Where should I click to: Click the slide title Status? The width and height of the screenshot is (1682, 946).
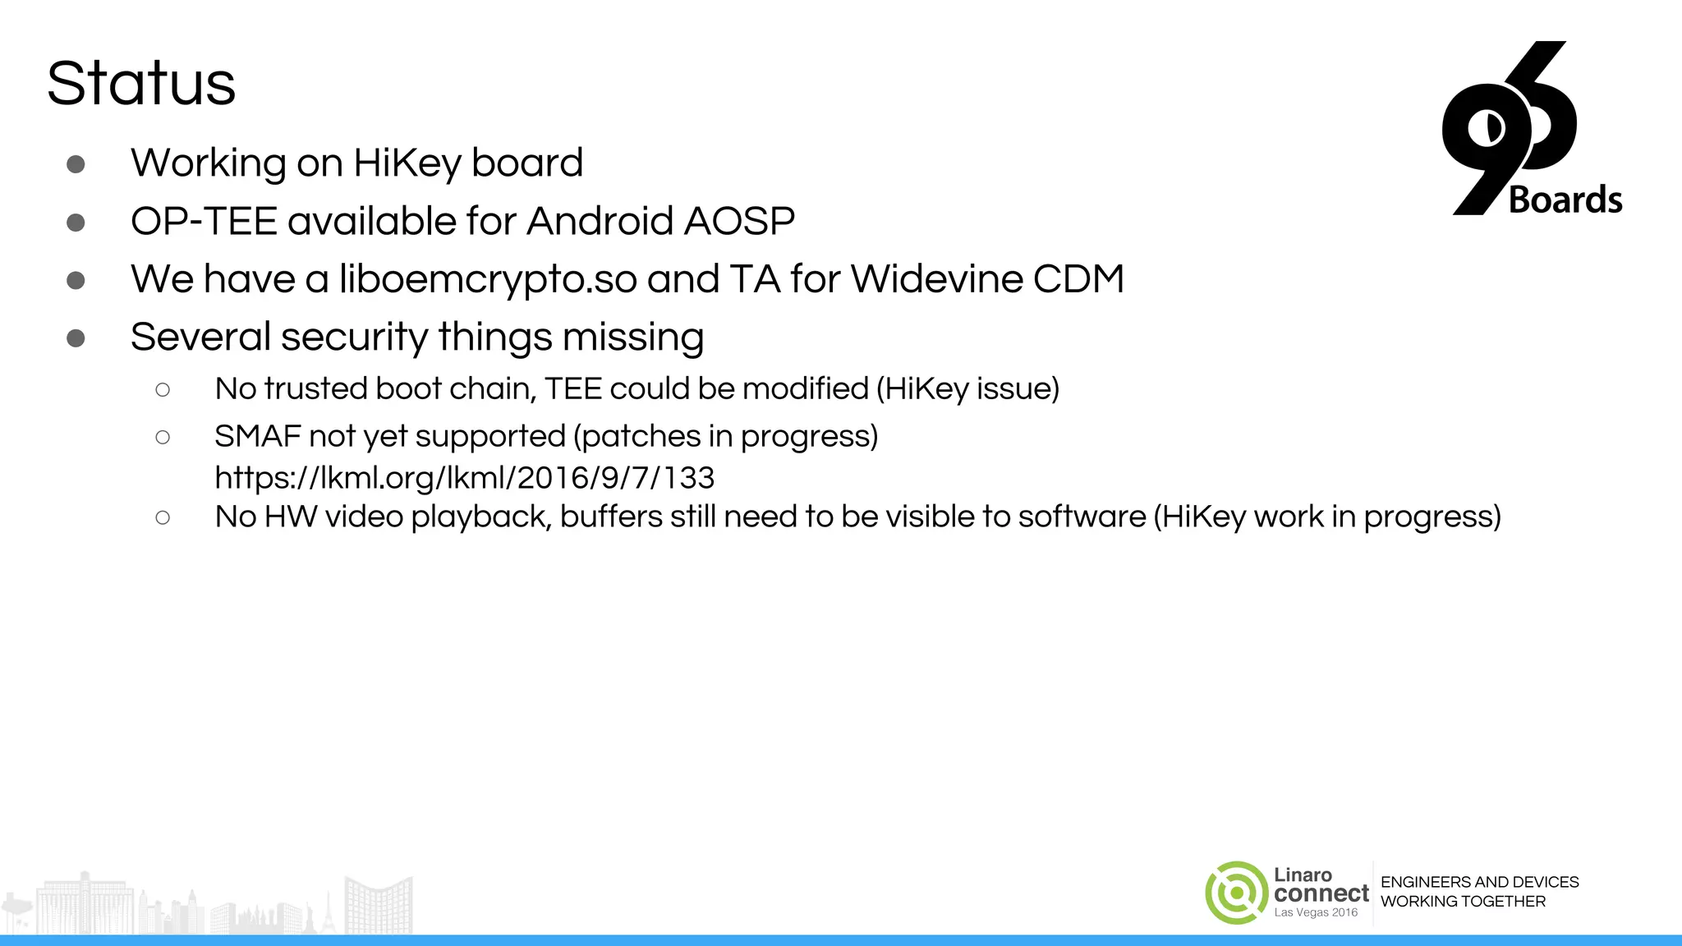tap(141, 84)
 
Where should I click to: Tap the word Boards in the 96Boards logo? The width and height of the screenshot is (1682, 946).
tap(1565, 200)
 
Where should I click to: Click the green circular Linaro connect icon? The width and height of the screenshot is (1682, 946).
tap(1236, 893)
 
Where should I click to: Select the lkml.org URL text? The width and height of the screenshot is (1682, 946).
tap(464, 478)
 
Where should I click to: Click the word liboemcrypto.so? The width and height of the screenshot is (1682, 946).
tap(488, 279)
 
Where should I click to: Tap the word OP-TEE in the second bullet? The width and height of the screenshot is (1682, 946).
tap(203, 222)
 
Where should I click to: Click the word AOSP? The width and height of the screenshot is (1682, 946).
tap(739, 222)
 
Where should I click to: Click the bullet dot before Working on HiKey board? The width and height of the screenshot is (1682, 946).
tap(76, 164)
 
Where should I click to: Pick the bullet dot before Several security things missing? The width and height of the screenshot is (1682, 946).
tap(76, 338)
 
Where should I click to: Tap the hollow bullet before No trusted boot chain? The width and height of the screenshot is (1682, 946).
tap(163, 390)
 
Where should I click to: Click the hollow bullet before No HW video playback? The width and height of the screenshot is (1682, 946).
tap(163, 518)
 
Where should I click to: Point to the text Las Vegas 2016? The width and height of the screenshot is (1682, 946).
tap(1316, 912)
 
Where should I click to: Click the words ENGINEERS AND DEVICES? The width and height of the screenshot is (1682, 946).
tap(1479, 882)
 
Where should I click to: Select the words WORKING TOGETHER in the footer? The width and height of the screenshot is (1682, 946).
tap(1463, 902)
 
